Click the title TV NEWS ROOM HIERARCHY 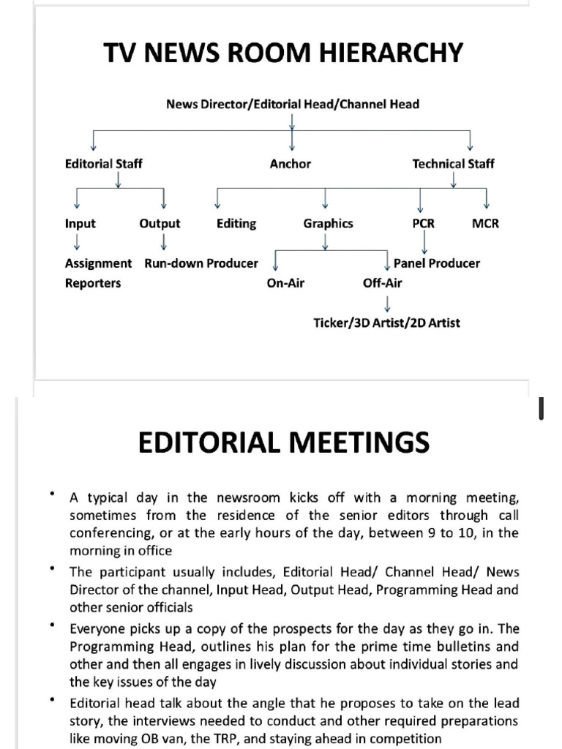[x=282, y=53]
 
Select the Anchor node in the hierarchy [x=291, y=164]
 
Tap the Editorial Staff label [x=103, y=164]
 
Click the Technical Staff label [x=453, y=164]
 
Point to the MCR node [x=485, y=224]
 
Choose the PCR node [x=423, y=224]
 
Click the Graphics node [x=328, y=224]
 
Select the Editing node [x=236, y=224]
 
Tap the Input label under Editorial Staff [x=80, y=224]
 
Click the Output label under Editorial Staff [x=160, y=224]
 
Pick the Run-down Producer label [x=201, y=263]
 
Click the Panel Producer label [x=437, y=263]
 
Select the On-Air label [x=286, y=284]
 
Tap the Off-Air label [x=382, y=284]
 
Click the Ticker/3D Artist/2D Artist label [x=386, y=323]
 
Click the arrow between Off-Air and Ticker [x=386, y=302]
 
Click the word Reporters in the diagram [x=93, y=284]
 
